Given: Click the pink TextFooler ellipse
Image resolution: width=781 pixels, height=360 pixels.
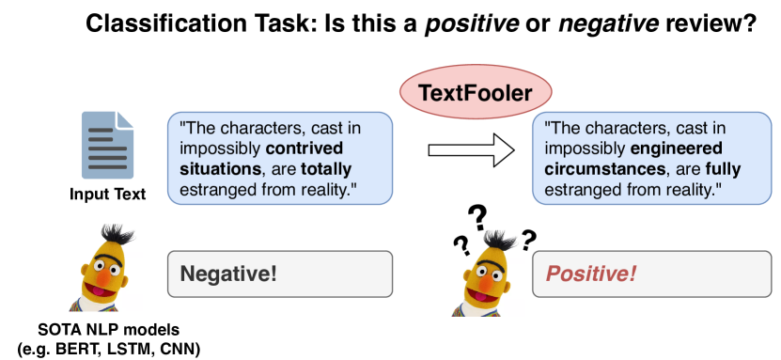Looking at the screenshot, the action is coord(476,93).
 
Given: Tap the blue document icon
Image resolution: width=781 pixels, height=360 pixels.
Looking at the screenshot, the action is coord(107,145).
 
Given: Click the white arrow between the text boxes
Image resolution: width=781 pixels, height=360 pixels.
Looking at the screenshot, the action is coord(471,149).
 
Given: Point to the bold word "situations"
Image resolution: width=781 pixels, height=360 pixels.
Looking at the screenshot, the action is coord(220,169).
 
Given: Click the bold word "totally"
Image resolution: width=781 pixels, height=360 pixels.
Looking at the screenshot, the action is coord(326,169).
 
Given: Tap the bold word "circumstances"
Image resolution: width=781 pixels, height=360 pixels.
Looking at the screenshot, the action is coord(604,169).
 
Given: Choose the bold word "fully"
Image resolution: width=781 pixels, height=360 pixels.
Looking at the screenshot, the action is coord(724,170).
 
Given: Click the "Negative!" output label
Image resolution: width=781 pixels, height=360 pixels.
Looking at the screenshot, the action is coord(227,274).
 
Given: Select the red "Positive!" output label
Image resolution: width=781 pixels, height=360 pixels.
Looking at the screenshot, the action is coord(591,274).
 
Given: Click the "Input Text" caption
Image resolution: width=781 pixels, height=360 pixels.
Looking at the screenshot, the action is coord(107,194).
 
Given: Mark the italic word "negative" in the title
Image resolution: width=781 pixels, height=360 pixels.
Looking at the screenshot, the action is coord(610,23).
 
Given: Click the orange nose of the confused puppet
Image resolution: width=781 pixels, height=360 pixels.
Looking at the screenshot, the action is coord(486,283).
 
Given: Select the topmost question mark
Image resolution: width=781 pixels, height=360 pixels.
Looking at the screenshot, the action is coord(478,218).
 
